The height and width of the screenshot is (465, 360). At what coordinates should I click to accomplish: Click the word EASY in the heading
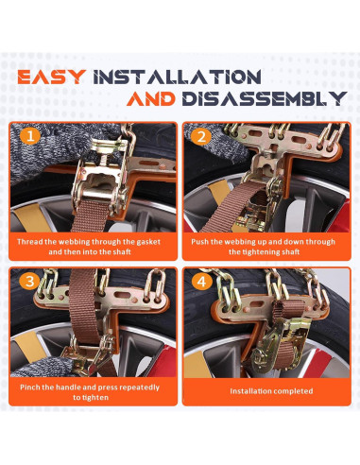[x=52, y=77]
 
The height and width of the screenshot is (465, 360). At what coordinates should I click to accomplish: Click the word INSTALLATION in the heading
[x=178, y=77]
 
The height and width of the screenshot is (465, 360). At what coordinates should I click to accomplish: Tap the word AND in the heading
[x=151, y=98]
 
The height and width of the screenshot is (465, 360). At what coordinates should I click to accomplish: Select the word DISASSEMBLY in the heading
[x=265, y=98]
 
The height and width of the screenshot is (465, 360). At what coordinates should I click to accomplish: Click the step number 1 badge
[x=30, y=136]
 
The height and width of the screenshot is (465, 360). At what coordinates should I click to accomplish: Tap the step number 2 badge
[x=202, y=136]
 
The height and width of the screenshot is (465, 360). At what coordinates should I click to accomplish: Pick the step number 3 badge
[x=29, y=281]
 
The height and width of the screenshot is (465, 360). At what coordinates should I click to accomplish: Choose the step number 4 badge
[x=202, y=281]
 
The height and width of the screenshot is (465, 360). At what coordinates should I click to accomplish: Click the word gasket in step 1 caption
[x=148, y=242]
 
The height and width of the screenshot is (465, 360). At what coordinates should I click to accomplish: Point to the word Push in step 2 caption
[x=199, y=242]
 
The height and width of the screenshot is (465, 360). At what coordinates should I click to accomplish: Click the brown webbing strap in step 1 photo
[x=91, y=216]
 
